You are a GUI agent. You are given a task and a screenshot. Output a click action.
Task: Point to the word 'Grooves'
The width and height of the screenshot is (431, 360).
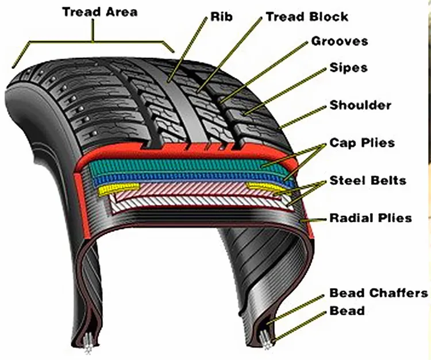coord(339,41)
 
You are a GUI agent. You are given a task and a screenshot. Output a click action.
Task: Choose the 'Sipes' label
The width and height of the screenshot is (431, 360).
coord(348,68)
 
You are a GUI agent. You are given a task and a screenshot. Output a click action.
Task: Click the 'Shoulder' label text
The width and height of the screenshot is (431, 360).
coord(360,106)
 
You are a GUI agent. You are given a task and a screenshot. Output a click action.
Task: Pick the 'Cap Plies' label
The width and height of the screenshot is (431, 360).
coord(362,142)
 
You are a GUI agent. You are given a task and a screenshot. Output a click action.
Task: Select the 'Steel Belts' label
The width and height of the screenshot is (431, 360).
coord(368,181)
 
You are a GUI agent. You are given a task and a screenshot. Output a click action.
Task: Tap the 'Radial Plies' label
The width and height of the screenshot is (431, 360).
coord(371,218)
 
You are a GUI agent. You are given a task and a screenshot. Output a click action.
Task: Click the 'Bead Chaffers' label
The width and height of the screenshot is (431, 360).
coord(378,293)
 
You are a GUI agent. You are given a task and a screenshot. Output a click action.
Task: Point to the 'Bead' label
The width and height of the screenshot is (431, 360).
coord(347,311)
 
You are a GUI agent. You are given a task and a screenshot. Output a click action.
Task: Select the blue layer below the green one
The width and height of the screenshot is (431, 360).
coord(184,178)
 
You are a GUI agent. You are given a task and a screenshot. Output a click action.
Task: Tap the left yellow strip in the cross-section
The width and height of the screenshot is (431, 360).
coord(118,188)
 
